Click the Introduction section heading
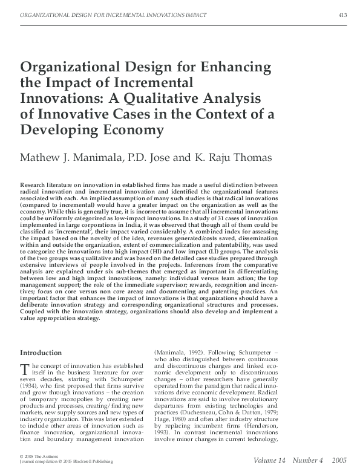point(45,352)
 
